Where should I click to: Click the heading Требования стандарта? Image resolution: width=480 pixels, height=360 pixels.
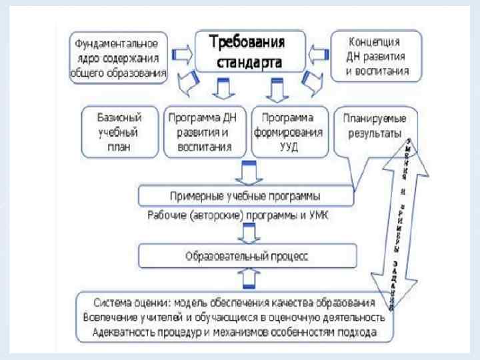click(247, 51)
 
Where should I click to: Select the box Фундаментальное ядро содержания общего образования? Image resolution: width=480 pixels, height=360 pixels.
click(117, 59)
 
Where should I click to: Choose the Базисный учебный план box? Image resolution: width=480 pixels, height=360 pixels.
click(120, 131)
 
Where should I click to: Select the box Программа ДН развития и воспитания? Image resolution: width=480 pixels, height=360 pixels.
click(204, 131)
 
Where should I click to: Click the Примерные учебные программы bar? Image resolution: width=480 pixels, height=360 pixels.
click(245, 196)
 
